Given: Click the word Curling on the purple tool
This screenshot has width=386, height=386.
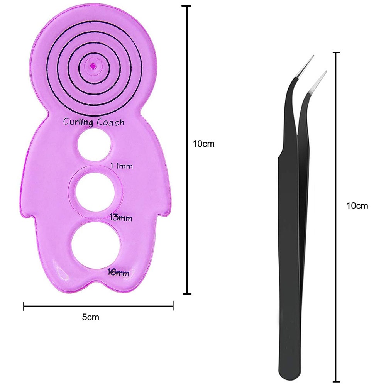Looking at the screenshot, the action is [x=78, y=122].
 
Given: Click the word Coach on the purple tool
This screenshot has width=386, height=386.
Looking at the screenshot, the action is [x=110, y=122].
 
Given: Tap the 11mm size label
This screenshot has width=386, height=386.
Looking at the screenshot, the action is [x=121, y=166].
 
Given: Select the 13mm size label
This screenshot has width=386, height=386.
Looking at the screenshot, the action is [x=121, y=218].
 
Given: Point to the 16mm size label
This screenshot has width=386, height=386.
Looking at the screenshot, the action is [x=119, y=272].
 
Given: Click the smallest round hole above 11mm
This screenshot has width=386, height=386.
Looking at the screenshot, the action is [x=94, y=145].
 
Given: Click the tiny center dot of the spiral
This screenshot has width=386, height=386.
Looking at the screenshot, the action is [x=93, y=66].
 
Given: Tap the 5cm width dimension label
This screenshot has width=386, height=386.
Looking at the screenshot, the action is [x=90, y=317].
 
